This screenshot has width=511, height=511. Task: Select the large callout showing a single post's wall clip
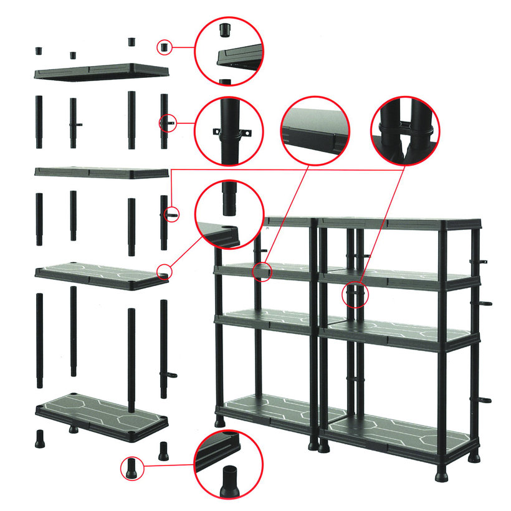[229, 131]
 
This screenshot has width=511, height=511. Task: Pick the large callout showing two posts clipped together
[405, 131]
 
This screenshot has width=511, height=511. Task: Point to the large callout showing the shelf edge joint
[315, 131]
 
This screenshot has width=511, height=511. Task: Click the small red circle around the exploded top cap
[164, 47]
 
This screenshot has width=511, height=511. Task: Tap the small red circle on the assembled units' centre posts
[356, 294]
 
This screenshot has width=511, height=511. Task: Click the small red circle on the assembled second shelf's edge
[264, 271]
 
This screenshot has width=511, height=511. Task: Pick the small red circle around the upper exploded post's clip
[168, 123]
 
